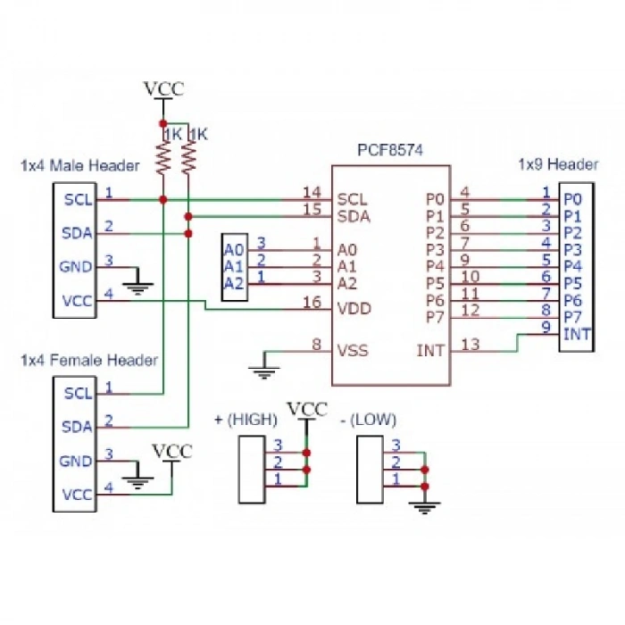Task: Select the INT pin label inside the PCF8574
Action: [x=430, y=350]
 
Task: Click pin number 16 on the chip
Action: [x=312, y=303]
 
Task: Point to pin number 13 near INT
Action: [x=471, y=344]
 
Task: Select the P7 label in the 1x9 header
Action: [x=572, y=317]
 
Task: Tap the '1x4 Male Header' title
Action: [x=79, y=166]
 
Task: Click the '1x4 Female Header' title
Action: [x=88, y=360]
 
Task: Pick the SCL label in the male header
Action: [x=78, y=200]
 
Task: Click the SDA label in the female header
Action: [x=78, y=427]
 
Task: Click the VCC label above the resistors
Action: [x=165, y=88]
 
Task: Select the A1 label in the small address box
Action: [x=233, y=266]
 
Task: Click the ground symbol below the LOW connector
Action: [x=424, y=506]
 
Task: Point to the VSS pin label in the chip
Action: [x=352, y=350]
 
